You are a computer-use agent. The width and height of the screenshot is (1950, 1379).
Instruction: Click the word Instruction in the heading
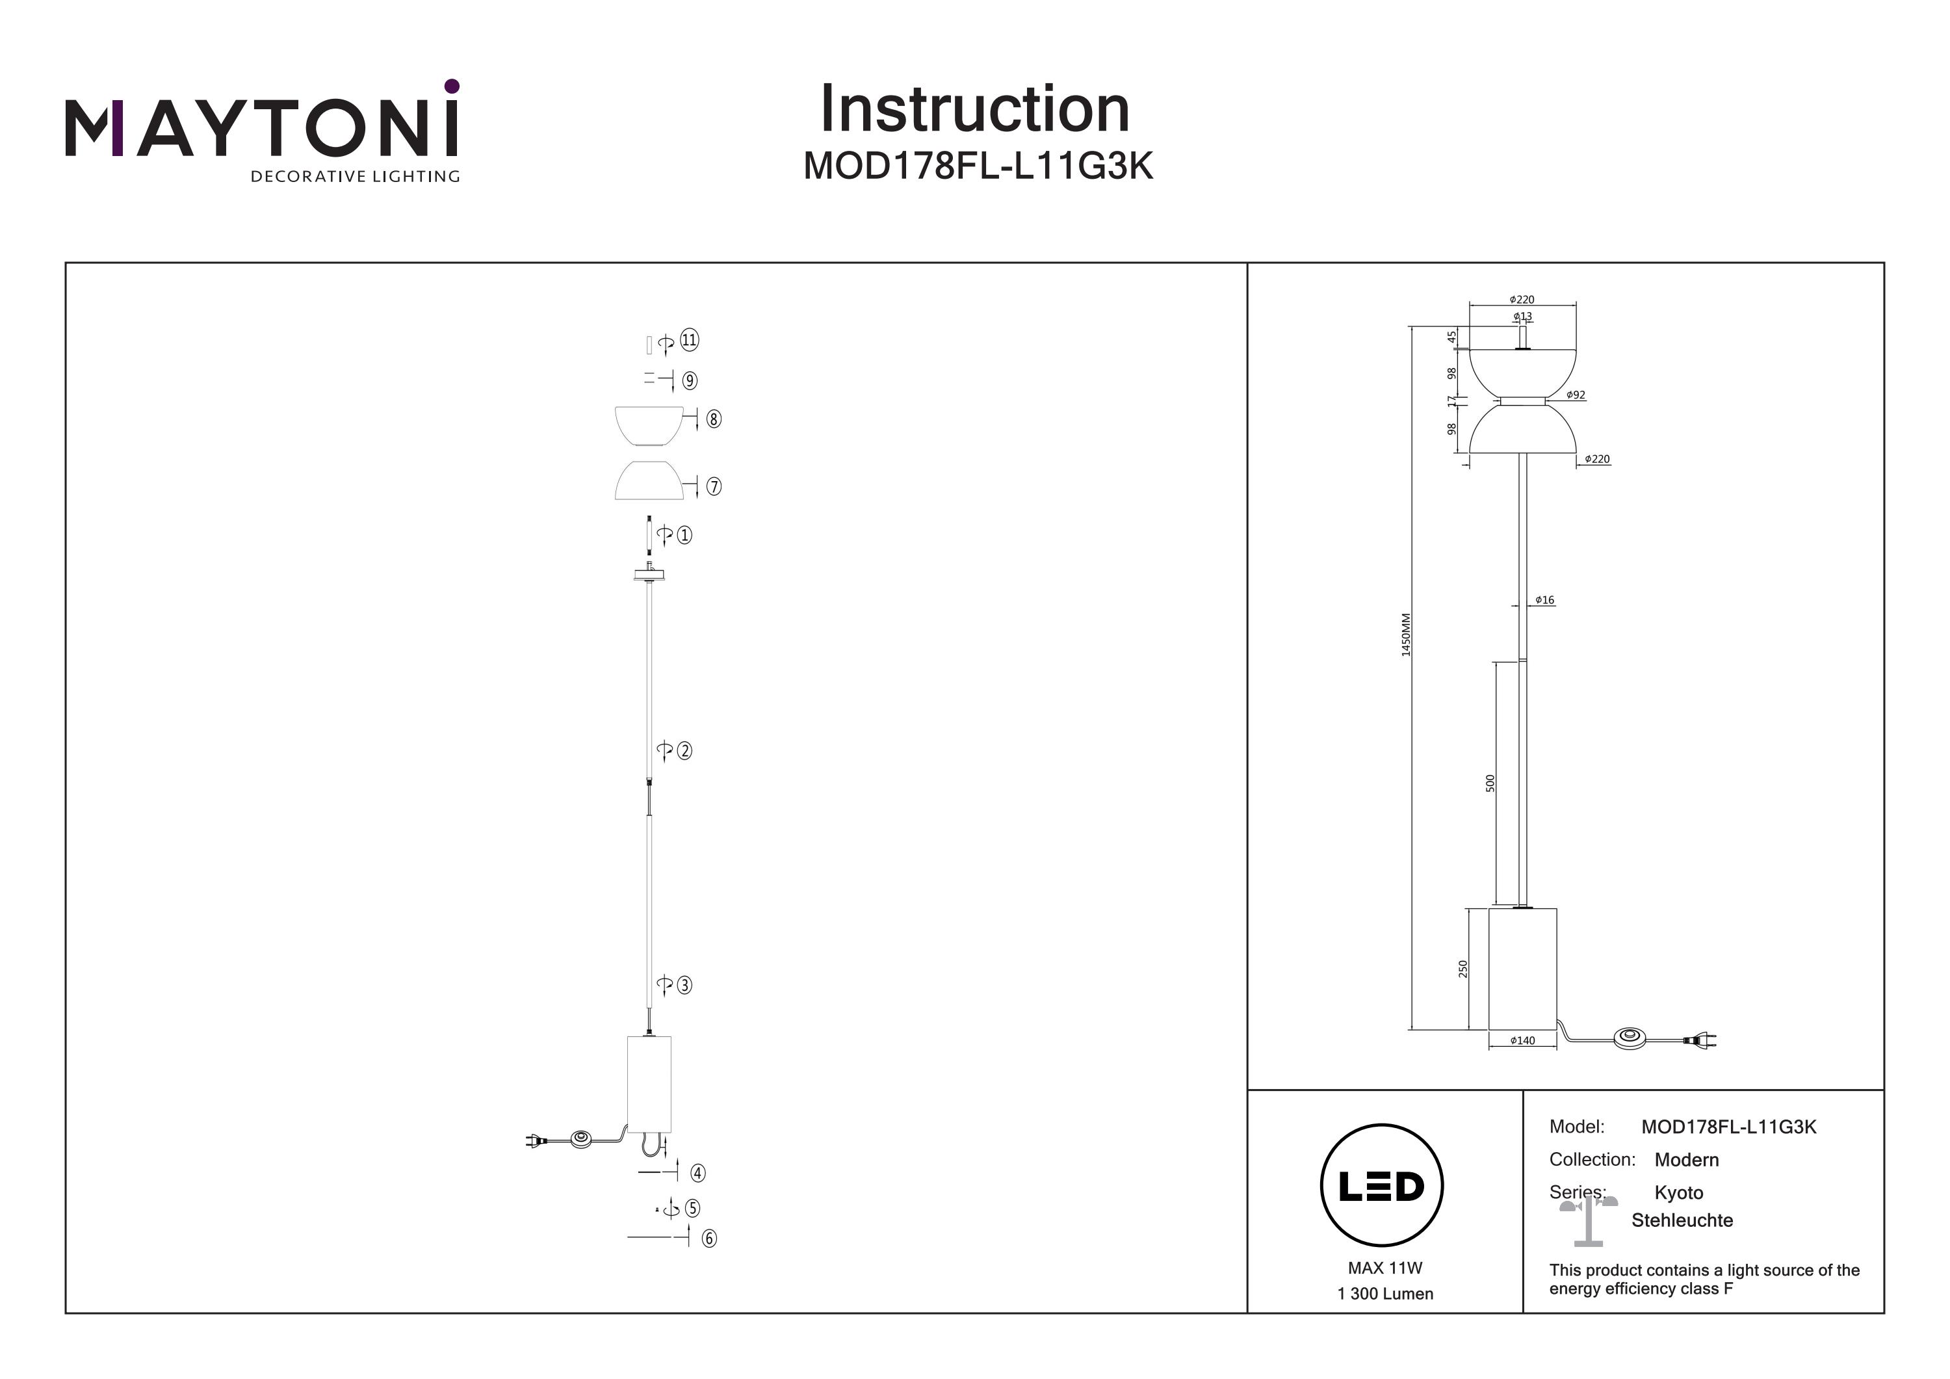974,110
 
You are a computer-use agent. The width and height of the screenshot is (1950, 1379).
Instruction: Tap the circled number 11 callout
689,341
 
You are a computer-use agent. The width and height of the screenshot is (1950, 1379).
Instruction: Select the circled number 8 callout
714,419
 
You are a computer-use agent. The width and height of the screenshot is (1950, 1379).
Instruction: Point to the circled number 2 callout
684,751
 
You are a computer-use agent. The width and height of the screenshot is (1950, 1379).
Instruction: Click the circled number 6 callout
709,1239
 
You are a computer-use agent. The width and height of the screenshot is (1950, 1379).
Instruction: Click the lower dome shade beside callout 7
648,481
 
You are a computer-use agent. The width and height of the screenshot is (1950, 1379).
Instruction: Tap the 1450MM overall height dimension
1405,634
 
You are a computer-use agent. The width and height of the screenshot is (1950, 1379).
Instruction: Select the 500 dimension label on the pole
1490,783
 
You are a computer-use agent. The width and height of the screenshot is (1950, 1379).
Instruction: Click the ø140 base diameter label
1523,1040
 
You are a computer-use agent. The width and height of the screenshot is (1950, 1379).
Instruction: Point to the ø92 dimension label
1576,395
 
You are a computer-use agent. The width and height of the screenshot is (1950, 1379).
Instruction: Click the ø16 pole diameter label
1545,600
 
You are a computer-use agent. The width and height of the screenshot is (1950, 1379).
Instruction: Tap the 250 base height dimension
1462,969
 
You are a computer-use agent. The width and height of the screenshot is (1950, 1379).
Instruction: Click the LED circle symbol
1382,1186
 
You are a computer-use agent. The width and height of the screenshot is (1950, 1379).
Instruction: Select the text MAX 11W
1384,1268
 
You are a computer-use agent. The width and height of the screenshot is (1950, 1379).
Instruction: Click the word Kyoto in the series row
1678,1193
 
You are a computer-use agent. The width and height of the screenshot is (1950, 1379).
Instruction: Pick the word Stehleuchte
1682,1221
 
